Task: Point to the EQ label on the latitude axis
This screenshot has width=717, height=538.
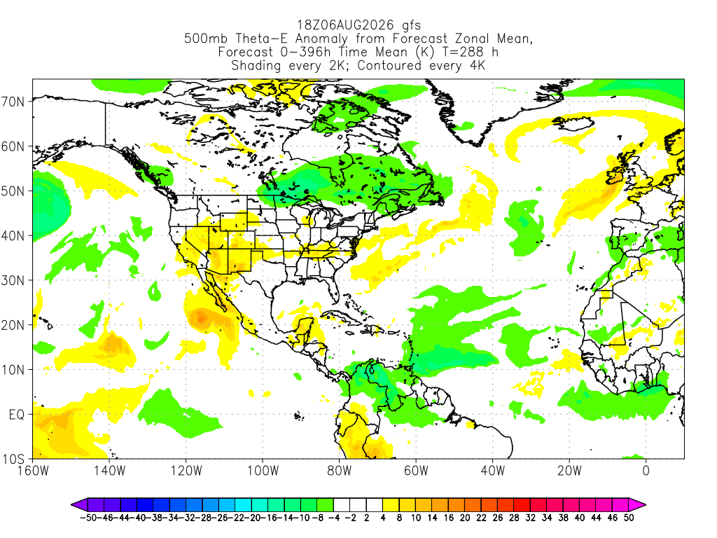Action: point(17,415)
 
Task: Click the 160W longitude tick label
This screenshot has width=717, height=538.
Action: point(33,471)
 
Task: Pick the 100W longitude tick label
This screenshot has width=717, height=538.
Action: point(263,471)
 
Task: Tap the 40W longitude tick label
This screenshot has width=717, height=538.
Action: point(493,471)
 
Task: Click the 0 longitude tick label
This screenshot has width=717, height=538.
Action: point(646,471)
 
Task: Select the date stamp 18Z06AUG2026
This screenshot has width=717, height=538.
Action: point(345,25)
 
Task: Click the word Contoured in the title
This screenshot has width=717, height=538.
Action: point(389,65)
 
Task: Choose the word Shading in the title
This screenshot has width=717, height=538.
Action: point(256,65)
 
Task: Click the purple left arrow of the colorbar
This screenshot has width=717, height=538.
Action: point(78,505)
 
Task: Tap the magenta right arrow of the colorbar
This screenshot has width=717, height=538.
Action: point(637,505)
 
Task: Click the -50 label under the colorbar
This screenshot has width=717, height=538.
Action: point(88,518)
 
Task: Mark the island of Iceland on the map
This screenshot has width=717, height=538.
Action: point(573,123)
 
